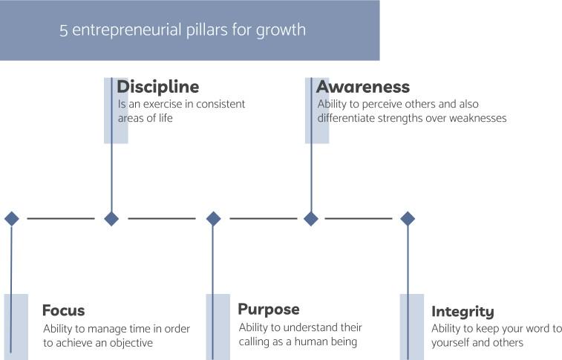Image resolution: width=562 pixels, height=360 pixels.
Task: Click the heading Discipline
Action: [x=157, y=88]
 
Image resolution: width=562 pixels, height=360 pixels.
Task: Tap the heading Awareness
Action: [x=363, y=88]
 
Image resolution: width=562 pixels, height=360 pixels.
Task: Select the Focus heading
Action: [x=63, y=310]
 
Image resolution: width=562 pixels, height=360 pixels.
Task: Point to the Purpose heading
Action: [x=268, y=309]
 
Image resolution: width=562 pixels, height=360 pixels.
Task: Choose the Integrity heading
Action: [x=462, y=312]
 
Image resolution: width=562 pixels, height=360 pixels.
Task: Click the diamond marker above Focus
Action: [x=11, y=218]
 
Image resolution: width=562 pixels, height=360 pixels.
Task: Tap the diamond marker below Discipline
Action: [x=111, y=218]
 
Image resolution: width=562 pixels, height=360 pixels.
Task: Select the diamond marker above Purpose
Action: [x=213, y=218]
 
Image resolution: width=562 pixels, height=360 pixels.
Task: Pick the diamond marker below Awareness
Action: [x=311, y=218]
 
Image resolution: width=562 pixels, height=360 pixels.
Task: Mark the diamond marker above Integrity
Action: [x=407, y=218]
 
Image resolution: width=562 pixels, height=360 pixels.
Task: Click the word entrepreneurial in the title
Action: [x=133, y=30]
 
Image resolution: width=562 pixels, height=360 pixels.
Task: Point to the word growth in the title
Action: [x=279, y=31]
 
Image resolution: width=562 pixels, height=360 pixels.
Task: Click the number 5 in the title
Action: [x=64, y=30]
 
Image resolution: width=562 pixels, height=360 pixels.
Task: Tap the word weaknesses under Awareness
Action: [x=474, y=118]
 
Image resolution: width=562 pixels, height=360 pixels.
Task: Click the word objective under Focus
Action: [x=129, y=343]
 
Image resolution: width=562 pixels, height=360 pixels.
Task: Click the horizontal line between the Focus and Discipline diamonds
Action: [x=61, y=218]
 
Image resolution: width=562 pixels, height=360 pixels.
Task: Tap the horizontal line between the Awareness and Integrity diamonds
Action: [x=359, y=218]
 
